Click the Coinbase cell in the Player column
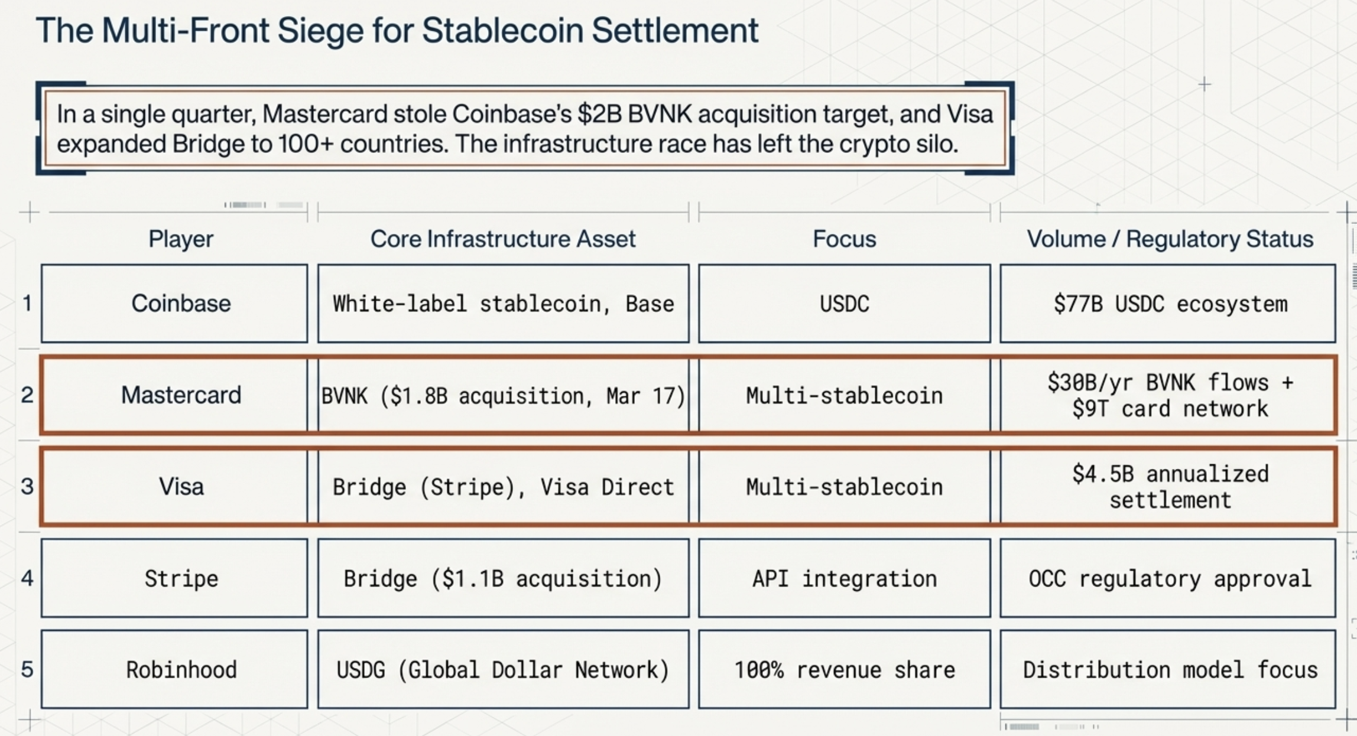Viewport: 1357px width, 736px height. [x=181, y=304]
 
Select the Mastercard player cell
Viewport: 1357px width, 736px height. [x=181, y=395]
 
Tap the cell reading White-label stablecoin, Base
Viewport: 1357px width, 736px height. [x=503, y=304]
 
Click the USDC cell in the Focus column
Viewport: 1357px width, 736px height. [x=844, y=304]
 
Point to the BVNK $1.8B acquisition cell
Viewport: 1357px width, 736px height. [x=503, y=395]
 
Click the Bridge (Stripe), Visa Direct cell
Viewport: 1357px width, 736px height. [x=503, y=487]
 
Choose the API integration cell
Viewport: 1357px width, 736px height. [x=844, y=578]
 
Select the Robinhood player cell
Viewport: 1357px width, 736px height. [x=181, y=670]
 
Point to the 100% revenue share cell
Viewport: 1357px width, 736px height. [x=844, y=670]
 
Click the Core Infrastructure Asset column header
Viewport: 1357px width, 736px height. [x=503, y=239]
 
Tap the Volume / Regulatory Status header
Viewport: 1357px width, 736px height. [x=1170, y=239]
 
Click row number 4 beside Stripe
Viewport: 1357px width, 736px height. [x=27, y=578]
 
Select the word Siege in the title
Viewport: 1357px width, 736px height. [x=320, y=31]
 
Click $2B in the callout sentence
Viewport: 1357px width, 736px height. [x=599, y=114]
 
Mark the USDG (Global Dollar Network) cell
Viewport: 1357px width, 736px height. [x=503, y=670]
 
